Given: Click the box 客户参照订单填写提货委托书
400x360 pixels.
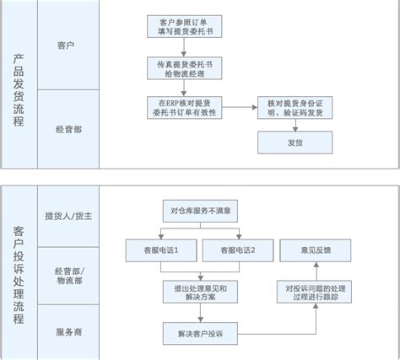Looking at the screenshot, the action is click(184, 26).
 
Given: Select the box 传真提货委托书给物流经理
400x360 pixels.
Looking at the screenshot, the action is click(184, 68).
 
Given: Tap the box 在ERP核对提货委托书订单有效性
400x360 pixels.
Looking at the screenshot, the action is click(184, 108).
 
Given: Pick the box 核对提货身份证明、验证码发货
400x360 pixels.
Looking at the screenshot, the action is click(295, 108).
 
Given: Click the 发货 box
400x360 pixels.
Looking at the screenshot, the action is click(295, 142).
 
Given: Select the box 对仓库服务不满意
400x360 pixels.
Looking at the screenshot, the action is click(200, 211).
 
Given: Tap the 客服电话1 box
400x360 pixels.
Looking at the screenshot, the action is click(161, 250).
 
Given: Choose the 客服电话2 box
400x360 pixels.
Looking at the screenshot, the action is click(238, 250).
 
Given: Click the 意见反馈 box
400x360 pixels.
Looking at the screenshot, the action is click(316, 250).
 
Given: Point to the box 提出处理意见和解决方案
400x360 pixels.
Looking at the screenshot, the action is click(200, 292).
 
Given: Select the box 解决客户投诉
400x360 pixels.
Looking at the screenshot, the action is click(200, 334).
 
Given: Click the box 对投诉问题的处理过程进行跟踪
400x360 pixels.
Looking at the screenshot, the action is click(314, 292).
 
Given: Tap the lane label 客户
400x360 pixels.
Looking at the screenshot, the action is click(66, 46).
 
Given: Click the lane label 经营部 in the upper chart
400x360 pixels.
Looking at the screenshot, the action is click(68, 130).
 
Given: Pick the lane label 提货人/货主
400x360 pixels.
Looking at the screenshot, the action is click(68, 216).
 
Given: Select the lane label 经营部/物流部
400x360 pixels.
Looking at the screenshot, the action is click(69, 276).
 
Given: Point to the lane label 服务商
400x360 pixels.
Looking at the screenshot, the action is click(68, 332).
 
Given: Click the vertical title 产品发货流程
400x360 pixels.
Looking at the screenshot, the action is click(19, 90).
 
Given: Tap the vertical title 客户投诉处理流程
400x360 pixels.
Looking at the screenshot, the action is click(19, 275).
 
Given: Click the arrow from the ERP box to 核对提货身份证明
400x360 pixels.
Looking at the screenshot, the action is click(240, 107).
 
